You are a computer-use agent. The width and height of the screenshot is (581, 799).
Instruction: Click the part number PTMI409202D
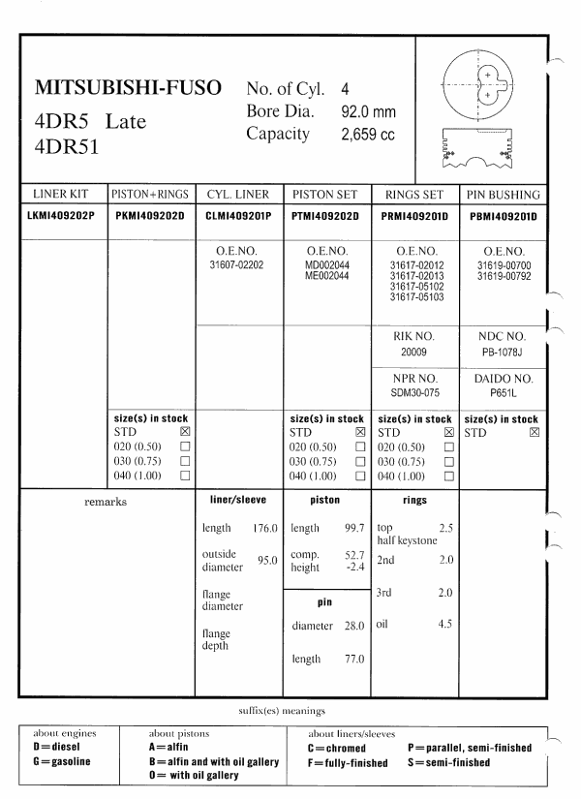tap(324, 215)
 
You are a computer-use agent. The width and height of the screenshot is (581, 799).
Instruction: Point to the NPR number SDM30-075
tap(414, 395)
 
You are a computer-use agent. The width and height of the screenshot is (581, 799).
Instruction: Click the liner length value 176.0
tap(264, 529)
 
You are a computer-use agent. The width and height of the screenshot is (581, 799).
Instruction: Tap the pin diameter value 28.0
tap(352, 627)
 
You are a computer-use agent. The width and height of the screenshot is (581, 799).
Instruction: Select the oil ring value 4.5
tap(444, 624)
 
